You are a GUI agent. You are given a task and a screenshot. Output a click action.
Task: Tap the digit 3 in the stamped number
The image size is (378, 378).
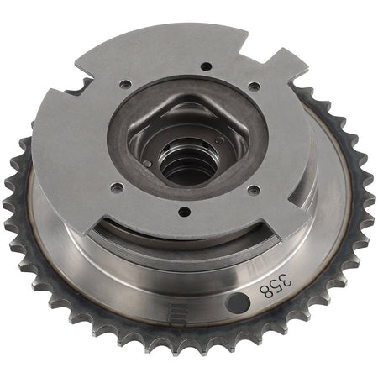point(285,281)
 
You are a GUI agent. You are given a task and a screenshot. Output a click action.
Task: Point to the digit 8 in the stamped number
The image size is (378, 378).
point(266,291)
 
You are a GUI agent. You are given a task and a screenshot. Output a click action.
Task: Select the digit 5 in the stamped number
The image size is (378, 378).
point(276,286)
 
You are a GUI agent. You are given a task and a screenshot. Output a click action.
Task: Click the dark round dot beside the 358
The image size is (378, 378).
point(238,303)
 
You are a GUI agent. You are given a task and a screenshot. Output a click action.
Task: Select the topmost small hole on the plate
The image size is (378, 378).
point(207,66)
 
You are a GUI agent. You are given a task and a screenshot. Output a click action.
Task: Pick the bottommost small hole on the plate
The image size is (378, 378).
point(184,212)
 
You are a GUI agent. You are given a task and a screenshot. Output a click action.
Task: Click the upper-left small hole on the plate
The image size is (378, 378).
point(124,84)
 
